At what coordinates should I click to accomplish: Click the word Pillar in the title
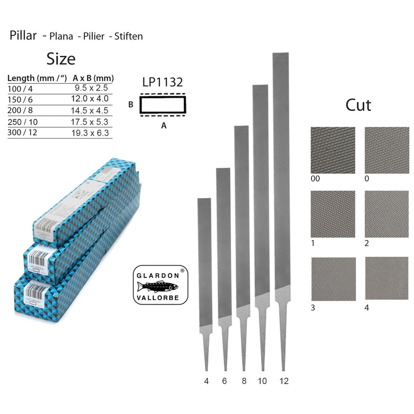pyautogui.click(x=23, y=36)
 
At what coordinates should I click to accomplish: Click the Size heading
pyautogui.click(x=61, y=58)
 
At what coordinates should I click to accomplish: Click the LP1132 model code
pyautogui.click(x=162, y=82)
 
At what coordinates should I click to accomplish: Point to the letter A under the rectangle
pyautogui.click(x=164, y=125)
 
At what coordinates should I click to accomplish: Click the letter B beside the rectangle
pyautogui.click(x=131, y=105)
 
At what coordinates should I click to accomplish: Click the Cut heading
pyautogui.click(x=358, y=105)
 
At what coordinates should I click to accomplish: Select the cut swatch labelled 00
pyautogui.click(x=333, y=150)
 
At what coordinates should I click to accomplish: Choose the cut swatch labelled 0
pyautogui.click(x=387, y=150)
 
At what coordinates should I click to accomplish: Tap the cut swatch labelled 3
pyautogui.click(x=333, y=279)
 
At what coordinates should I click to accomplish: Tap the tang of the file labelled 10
pyautogui.click(x=262, y=336)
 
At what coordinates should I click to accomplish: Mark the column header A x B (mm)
pyautogui.click(x=93, y=78)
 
